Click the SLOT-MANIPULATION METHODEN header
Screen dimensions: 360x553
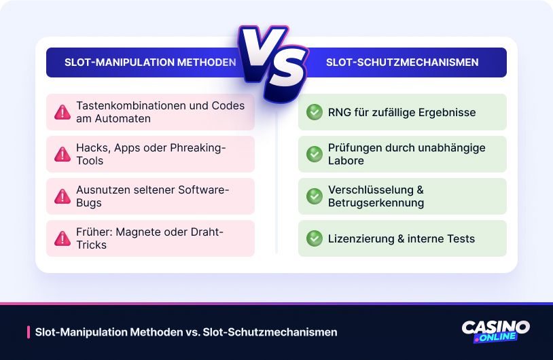[x=150, y=62]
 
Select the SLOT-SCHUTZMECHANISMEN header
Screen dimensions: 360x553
[x=402, y=62]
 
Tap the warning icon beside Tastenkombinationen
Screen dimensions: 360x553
[x=63, y=112]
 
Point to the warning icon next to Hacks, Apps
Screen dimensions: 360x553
[x=63, y=154]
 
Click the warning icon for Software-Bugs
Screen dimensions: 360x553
[x=63, y=196]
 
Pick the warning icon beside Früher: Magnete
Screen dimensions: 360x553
[x=63, y=238]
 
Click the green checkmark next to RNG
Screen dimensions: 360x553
[x=314, y=112]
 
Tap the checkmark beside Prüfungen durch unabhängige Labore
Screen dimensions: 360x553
[x=314, y=154]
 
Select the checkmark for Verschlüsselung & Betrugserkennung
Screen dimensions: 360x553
[x=314, y=196]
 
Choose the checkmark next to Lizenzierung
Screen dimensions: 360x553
[x=314, y=238]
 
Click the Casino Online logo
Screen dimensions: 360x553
[x=495, y=331]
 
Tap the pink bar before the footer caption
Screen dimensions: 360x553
[x=28, y=332]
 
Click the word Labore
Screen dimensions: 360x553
[x=346, y=160]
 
